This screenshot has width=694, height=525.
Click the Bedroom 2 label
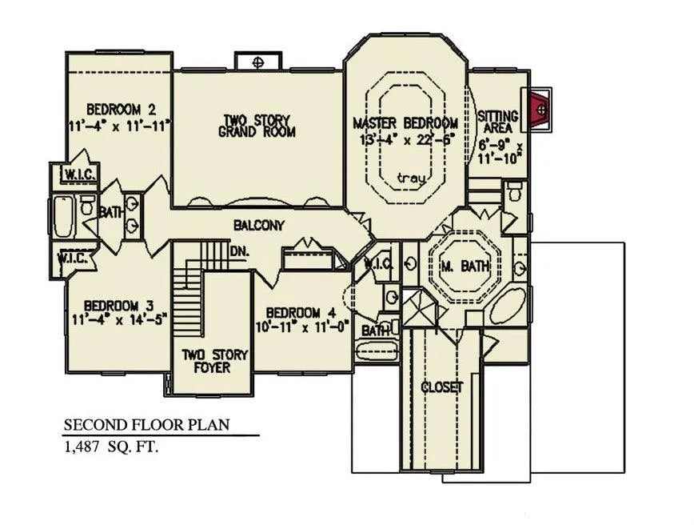point(121,109)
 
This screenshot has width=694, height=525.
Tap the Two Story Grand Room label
point(257,126)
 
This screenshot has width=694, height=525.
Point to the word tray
point(412,178)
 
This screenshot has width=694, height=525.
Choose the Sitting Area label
point(498,122)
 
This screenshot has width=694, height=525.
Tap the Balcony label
point(258,226)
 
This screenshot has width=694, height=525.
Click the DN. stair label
point(239,251)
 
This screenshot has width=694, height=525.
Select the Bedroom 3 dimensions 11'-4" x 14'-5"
point(119,319)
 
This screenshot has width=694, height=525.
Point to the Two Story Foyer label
point(214,361)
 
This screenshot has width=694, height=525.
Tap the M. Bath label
point(465,267)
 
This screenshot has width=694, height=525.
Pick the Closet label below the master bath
point(441,387)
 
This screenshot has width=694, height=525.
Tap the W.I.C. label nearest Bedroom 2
point(80,174)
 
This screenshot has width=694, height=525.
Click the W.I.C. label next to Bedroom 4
point(378,264)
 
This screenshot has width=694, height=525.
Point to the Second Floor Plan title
point(147,425)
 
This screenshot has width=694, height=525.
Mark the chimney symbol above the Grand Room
point(258,62)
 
